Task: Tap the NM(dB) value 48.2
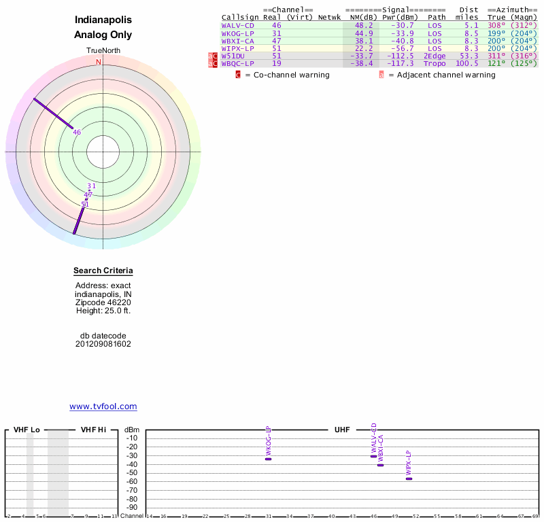[364, 25]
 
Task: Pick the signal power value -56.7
[401, 48]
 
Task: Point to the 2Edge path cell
[435, 56]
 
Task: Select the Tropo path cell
[435, 63]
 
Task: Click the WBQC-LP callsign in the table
[237, 63]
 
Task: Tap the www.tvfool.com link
[103, 406]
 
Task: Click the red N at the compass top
[99, 62]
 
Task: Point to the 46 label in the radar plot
[77, 133]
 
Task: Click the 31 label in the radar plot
[92, 186]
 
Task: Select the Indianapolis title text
[103, 20]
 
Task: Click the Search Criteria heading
[103, 271]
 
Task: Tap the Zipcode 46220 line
[103, 302]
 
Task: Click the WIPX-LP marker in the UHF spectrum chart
[409, 478]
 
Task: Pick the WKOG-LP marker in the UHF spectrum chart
[268, 459]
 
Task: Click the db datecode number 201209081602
[103, 344]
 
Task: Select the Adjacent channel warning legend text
[446, 75]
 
